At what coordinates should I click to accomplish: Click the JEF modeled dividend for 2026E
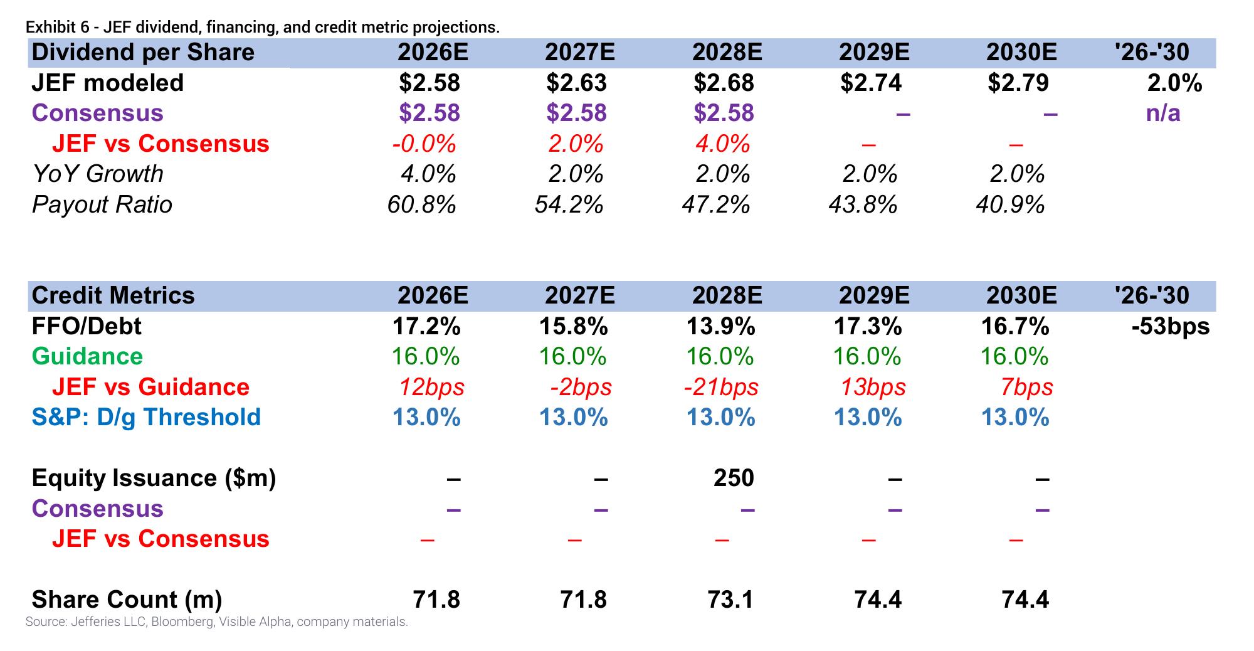tap(429, 83)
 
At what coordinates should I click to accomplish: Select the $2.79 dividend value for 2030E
tap(1018, 83)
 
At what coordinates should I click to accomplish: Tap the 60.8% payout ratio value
tap(422, 204)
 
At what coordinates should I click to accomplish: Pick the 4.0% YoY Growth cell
tap(428, 174)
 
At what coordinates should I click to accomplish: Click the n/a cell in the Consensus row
tap(1163, 114)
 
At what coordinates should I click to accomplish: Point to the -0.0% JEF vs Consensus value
tap(424, 144)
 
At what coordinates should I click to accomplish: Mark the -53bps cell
tap(1171, 326)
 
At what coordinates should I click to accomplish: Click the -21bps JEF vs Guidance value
tap(721, 387)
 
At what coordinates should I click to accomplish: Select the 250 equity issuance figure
tap(734, 478)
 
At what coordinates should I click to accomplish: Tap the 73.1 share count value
tap(730, 600)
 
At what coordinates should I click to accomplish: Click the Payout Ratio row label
tap(102, 204)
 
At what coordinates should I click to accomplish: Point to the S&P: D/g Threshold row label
tap(146, 417)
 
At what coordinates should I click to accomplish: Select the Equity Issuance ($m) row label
tap(154, 478)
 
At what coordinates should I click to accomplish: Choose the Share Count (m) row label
tap(127, 600)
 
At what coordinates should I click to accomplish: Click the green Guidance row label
tap(87, 356)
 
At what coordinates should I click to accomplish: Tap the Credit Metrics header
tap(113, 295)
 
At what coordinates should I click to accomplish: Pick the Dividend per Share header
tap(143, 52)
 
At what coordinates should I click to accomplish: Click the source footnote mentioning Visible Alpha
tap(217, 622)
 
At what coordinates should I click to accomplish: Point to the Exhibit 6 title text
tap(263, 28)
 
